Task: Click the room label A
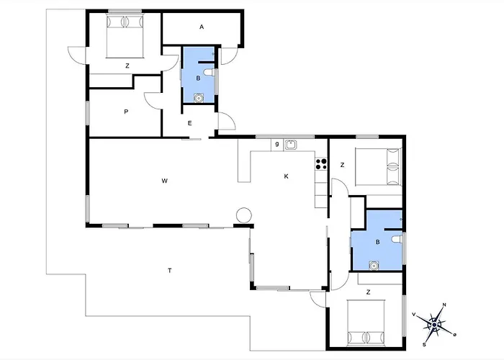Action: [202, 27]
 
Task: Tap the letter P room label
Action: [126, 112]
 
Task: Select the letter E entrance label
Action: [189, 123]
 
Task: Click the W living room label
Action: [165, 181]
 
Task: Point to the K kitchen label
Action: [286, 176]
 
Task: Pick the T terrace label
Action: [170, 271]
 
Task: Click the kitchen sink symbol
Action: [291, 145]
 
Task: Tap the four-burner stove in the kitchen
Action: [321, 164]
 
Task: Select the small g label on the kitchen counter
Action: [277, 145]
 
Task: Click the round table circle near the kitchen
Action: [243, 215]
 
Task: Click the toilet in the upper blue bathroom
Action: [209, 73]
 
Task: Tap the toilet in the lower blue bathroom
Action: [397, 239]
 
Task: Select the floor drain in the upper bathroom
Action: [199, 98]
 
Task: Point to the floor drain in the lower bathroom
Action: [374, 266]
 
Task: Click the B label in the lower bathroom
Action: [378, 242]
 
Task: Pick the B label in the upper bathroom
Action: [198, 78]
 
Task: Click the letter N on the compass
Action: [444, 305]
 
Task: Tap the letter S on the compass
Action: [424, 345]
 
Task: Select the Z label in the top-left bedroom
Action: [127, 66]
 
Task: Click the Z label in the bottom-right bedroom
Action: [369, 292]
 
